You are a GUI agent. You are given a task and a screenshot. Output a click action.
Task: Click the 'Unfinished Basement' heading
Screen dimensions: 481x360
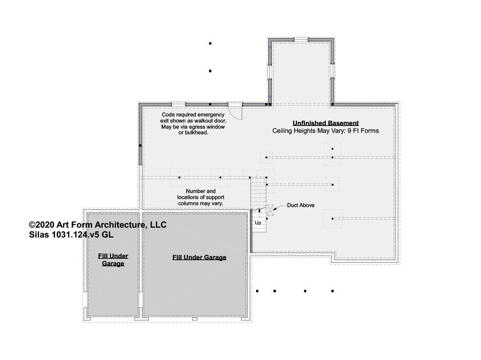point(326,123)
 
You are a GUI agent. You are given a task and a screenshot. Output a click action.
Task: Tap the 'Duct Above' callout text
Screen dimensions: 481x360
point(301,205)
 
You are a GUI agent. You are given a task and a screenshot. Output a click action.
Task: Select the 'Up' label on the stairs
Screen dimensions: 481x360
point(258,222)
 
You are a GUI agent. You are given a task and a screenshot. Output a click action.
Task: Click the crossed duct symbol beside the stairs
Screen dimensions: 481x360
point(270,210)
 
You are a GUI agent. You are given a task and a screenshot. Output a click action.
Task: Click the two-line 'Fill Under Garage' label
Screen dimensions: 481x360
point(113,260)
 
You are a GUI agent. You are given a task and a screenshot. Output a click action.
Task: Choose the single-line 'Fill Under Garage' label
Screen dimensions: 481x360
point(199,257)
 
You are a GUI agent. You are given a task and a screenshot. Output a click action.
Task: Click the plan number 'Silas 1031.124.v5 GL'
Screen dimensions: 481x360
point(71,235)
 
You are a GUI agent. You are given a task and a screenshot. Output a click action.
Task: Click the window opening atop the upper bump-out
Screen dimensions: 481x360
point(301,39)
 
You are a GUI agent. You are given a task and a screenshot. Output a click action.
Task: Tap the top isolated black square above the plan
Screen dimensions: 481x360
point(210,44)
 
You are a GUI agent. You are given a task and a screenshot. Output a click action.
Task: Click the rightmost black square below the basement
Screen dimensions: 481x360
point(333,291)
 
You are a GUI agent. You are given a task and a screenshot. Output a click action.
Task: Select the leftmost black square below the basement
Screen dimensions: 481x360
point(257,291)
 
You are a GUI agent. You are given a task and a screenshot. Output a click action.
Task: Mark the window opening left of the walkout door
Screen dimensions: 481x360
point(178,105)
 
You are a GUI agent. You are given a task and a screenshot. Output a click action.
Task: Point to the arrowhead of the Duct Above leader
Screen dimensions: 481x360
point(274,209)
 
